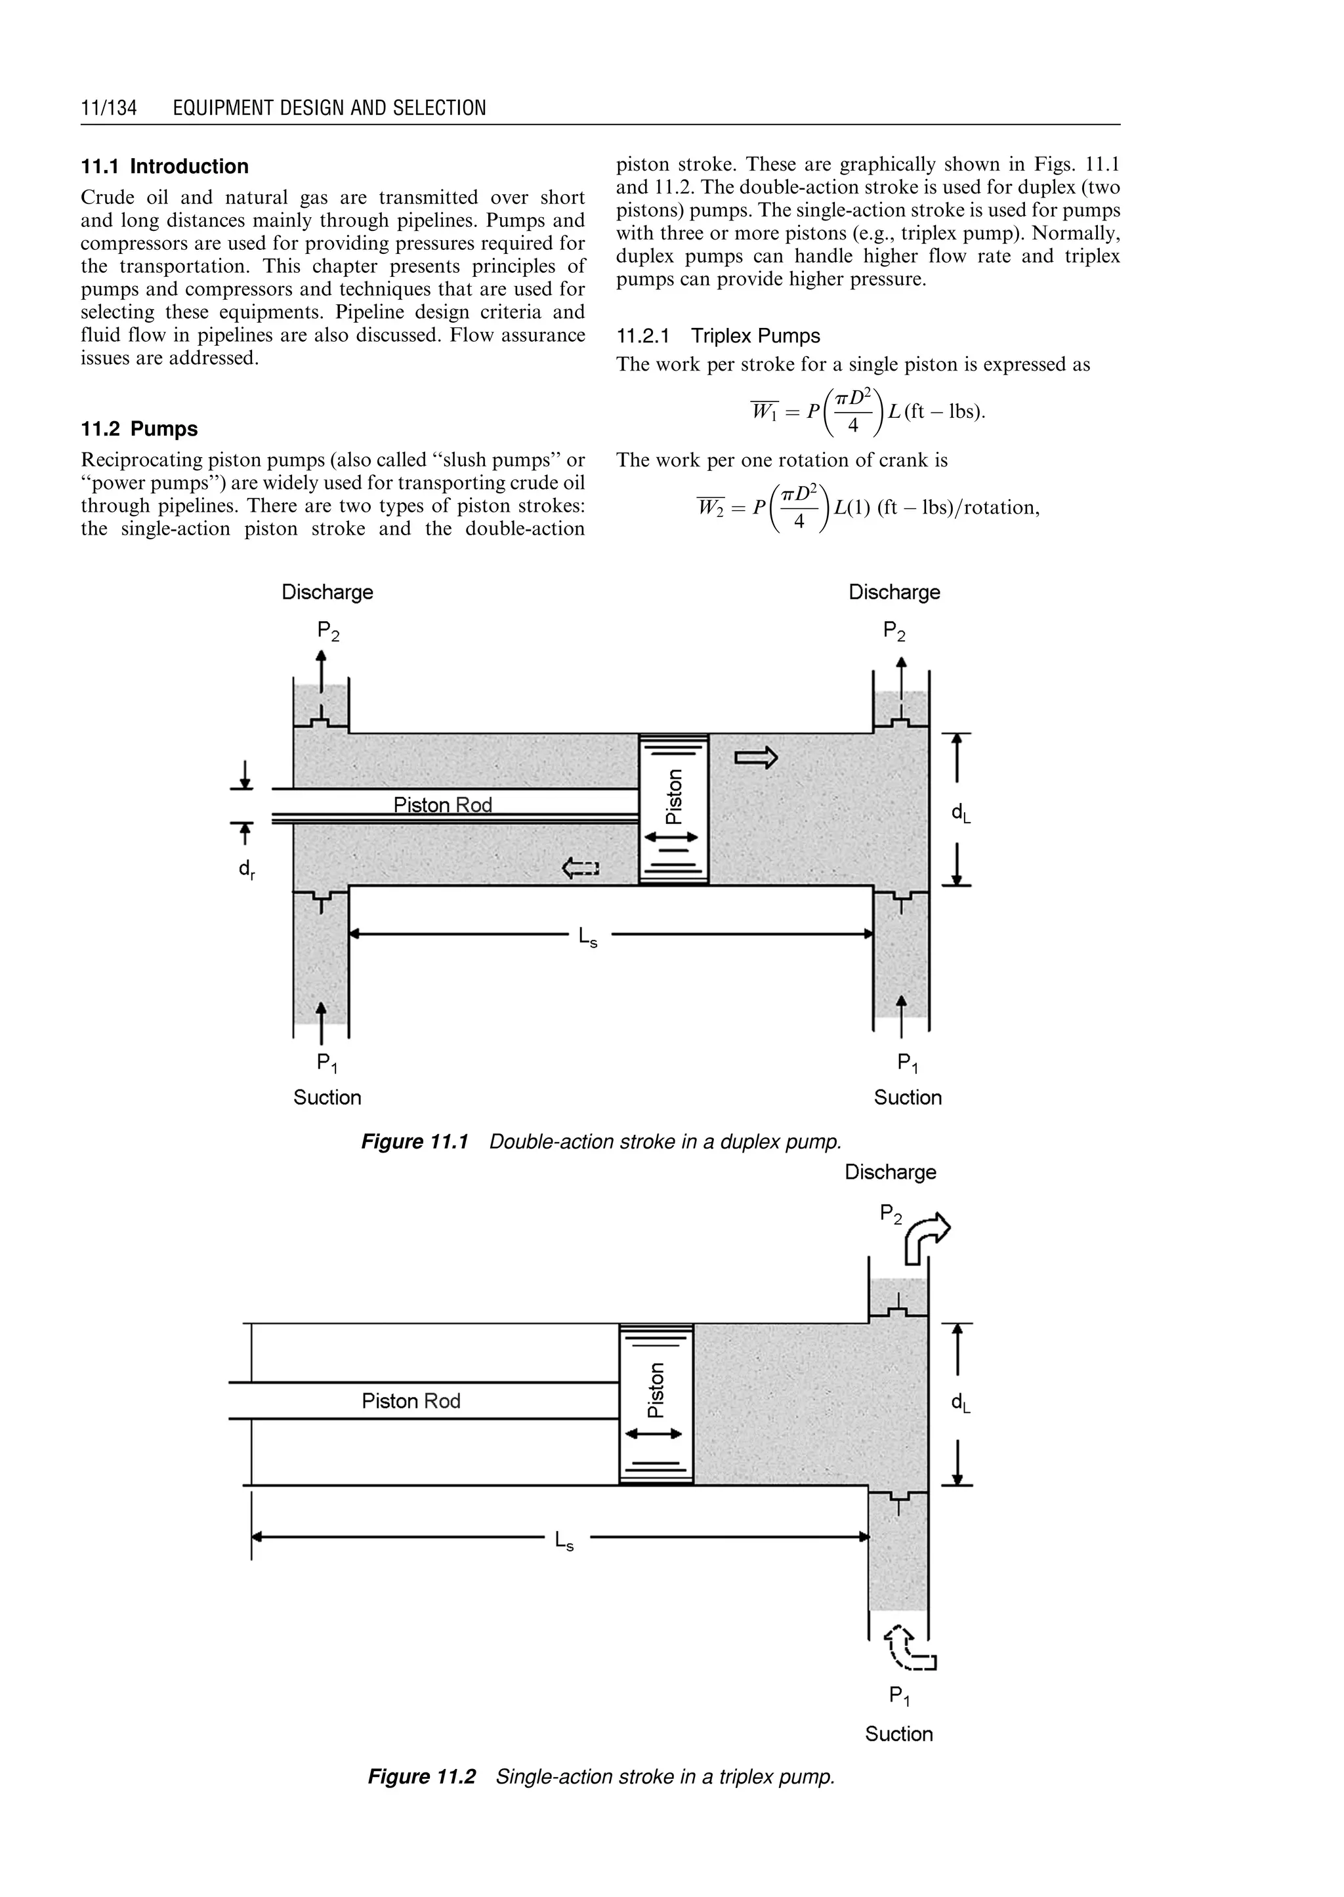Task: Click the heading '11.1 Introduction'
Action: click(165, 167)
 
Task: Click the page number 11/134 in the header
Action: click(108, 108)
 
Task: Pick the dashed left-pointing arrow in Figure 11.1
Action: click(580, 868)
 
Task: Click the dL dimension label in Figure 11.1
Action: click(960, 814)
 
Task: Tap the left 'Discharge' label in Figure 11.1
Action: click(327, 592)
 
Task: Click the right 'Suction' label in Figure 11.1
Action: click(907, 1098)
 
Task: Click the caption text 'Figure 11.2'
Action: click(422, 1777)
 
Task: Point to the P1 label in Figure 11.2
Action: click(899, 1697)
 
